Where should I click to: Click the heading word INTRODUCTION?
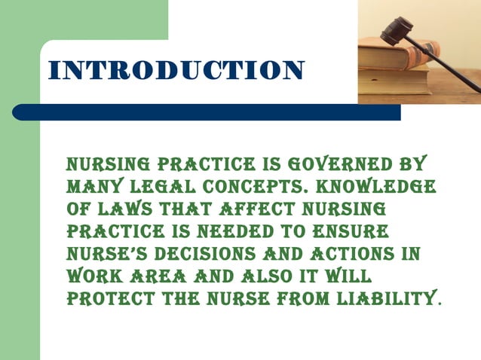pyautogui.click(x=176, y=70)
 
